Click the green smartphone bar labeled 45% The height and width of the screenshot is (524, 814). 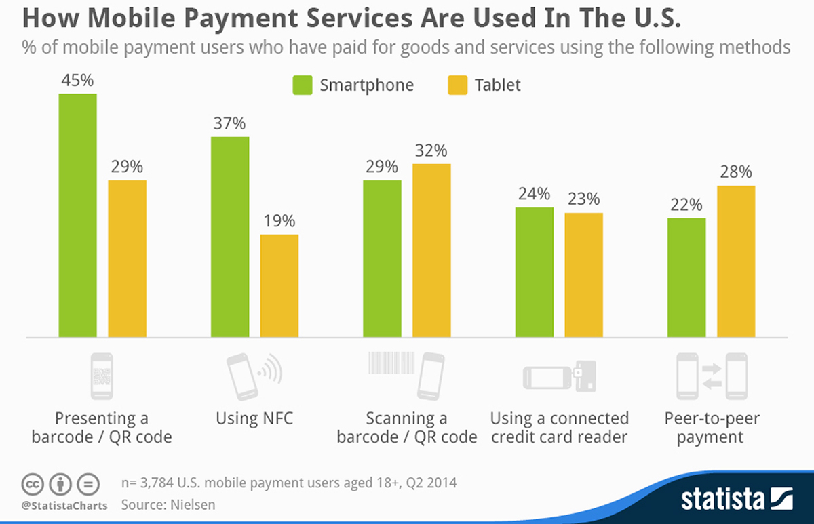(77, 215)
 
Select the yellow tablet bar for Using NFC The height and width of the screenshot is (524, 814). (279, 285)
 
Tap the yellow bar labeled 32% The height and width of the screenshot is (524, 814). (431, 250)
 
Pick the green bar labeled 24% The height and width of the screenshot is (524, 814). (534, 272)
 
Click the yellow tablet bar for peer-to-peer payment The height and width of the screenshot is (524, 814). (736, 261)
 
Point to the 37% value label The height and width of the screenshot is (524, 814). (229, 124)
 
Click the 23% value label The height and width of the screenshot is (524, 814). (583, 199)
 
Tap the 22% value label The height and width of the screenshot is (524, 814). (686, 205)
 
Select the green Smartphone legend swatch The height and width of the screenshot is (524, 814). (302, 85)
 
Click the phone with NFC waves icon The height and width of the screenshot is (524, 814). (254, 375)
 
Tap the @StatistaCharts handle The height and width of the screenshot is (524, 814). (64, 506)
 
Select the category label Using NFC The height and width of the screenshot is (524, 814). (254, 418)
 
